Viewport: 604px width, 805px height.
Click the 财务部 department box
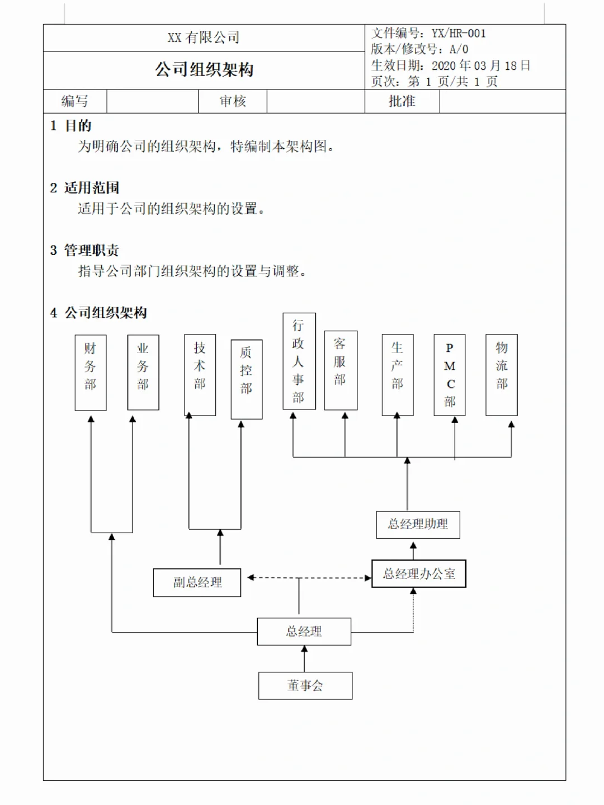[91, 373]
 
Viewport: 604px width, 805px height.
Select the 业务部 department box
[143, 373]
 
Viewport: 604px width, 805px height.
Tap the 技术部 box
[200, 375]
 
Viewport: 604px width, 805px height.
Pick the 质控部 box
[247, 379]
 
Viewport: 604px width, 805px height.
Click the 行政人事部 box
[299, 361]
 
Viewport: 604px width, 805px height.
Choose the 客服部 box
[341, 370]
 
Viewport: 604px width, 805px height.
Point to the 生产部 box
[398, 375]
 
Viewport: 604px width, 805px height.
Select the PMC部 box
[450, 375]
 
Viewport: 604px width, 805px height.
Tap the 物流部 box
[502, 375]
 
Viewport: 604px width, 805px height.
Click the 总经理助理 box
[418, 525]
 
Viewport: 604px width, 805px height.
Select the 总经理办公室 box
[419, 574]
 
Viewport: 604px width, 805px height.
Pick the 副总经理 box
[197, 583]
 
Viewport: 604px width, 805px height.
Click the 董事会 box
[305, 686]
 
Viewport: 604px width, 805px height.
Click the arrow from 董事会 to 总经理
[304, 659]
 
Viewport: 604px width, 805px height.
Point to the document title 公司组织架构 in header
[204, 70]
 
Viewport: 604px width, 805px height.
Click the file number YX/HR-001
[459, 34]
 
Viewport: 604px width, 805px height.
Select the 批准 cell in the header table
[402, 101]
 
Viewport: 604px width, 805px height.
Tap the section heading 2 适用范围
[84, 188]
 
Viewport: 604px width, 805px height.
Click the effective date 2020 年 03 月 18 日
[480, 66]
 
